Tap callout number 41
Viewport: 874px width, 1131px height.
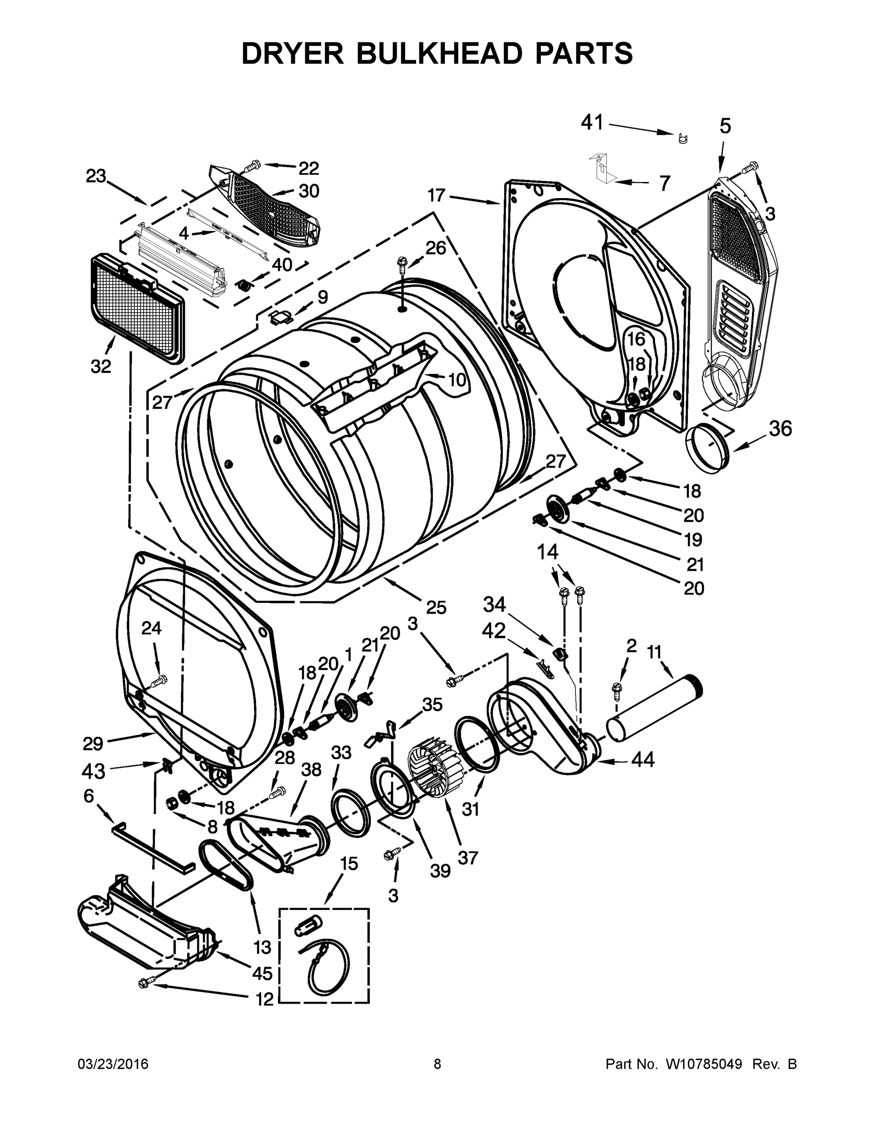point(592,123)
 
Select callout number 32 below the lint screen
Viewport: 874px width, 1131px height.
point(101,366)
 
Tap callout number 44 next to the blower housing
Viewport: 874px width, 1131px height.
point(642,760)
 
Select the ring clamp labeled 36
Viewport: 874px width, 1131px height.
point(707,446)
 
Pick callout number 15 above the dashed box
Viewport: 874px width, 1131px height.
point(349,863)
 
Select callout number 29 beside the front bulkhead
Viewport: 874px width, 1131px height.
point(93,744)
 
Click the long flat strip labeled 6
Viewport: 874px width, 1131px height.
point(153,848)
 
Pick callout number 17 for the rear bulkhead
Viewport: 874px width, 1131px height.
point(436,195)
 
